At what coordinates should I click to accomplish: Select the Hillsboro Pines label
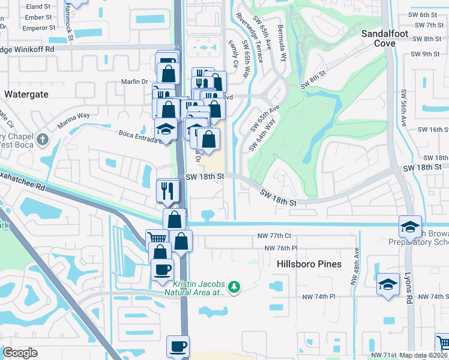coord(309,264)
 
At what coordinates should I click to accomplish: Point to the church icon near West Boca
coord(41,140)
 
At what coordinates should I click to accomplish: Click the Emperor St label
coord(38,28)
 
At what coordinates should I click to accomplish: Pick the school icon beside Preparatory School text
coord(409,226)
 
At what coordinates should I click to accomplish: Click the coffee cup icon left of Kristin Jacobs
coord(162,269)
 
